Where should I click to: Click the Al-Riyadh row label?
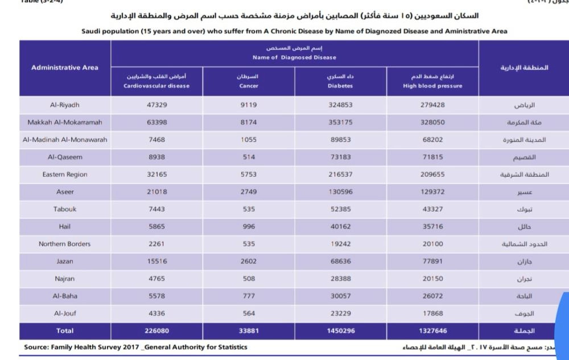pyautogui.click(x=64, y=105)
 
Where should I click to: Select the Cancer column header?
pyautogui.click(x=249, y=81)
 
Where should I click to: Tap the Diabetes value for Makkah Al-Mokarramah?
pyautogui.click(x=341, y=122)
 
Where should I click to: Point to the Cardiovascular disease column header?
pyautogui.click(x=156, y=81)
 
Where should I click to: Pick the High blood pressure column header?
pyautogui.click(x=432, y=81)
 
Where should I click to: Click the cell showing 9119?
pyautogui.click(x=249, y=105)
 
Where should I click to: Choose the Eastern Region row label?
pyautogui.click(x=64, y=175)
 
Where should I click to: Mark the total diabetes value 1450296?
pyautogui.click(x=341, y=330)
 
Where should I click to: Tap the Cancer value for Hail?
pyautogui.click(x=249, y=226)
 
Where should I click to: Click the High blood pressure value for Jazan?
pyautogui.click(x=432, y=261)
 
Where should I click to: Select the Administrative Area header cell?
pyautogui.click(x=64, y=68)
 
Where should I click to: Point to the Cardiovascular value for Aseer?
pyautogui.click(x=156, y=192)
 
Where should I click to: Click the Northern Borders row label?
pyautogui.click(x=64, y=243)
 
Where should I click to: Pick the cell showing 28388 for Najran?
pyautogui.click(x=341, y=278)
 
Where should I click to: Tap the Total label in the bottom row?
pyautogui.click(x=64, y=330)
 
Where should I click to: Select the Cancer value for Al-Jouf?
pyautogui.click(x=249, y=313)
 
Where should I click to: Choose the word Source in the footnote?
pyautogui.click(x=38, y=346)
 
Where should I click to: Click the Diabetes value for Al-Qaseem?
pyautogui.click(x=341, y=157)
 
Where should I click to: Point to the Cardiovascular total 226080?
pyautogui.click(x=156, y=330)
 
